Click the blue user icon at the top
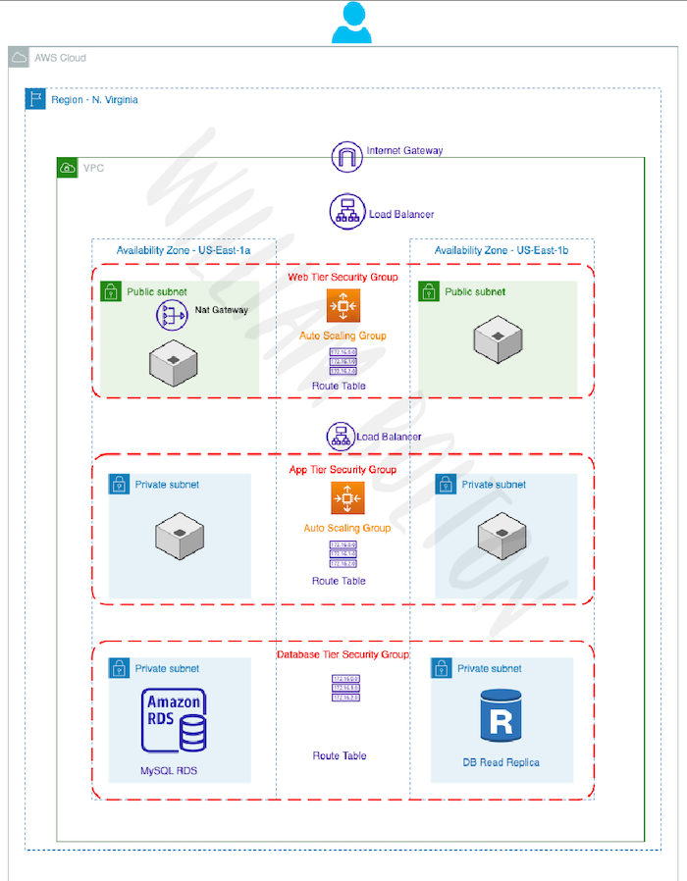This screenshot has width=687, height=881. pyautogui.click(x=351, y=23)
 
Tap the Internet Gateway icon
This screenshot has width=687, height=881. pyautogui.click(x=347, y=156)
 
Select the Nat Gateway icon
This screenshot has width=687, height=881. pyautogui.click(x=172, y=315)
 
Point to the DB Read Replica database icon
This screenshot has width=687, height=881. pyautogui.click(x=501, y=715)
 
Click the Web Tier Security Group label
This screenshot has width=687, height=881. pyautogui.click(x=343, y=278)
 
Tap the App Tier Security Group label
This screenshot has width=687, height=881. pyautogui.click(x=343, y=470)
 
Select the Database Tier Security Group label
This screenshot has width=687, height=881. pyautogui.click(x=343, y=654)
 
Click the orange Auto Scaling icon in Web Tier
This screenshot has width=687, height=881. pyautogui.click(x=344, y=306)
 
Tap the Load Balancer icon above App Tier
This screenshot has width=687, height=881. pyautogui.click(x=341, y=437)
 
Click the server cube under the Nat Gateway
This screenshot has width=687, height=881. pyautogui.click(x=172, y=362)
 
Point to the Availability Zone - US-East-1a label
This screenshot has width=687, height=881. pyautogui.click(x=184, y=251)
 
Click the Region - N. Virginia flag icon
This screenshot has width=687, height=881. pyautogui.click(x=35, y=99)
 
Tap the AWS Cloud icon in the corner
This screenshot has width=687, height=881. pyautogui.click(x=19, y=58)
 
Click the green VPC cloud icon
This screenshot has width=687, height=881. pyautogui.click(x=67, y=168)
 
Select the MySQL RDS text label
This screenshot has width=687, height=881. pyautogui.click(x=168, y=771)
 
